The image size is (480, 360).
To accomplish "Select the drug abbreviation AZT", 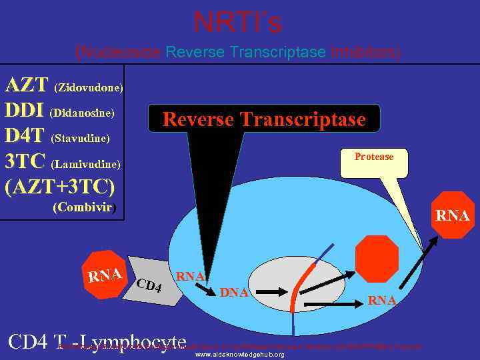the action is click(27, 85).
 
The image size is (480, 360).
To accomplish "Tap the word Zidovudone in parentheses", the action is click(89, 87).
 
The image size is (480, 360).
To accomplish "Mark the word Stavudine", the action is click(80, 139).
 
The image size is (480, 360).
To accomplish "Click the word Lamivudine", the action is click(86, 164).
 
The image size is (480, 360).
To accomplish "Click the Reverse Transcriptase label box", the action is click(264, 119).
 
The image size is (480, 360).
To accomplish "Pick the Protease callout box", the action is click(373, 160).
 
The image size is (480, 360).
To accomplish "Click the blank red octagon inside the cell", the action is click(377, 259).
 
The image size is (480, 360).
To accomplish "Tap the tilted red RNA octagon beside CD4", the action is click(105, 274).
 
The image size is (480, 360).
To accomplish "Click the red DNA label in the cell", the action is click(234, 292).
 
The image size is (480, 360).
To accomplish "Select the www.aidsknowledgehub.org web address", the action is click(239, 355).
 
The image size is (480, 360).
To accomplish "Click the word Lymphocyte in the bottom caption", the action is click(141, 343).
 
